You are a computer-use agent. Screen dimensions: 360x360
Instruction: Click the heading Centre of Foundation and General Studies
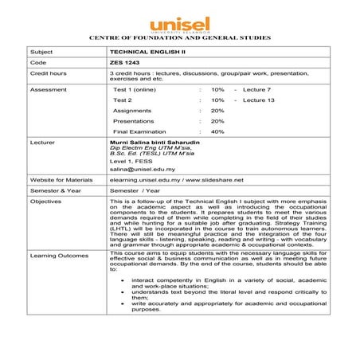(179, 37)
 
